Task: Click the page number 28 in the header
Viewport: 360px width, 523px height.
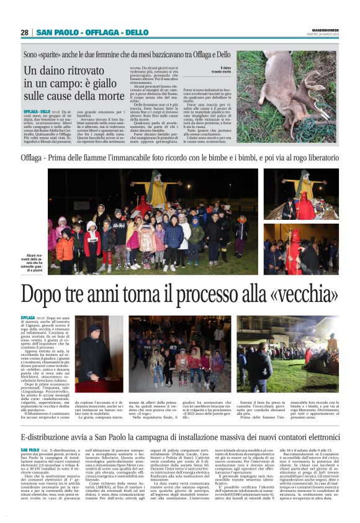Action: click(x=24, y=32)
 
